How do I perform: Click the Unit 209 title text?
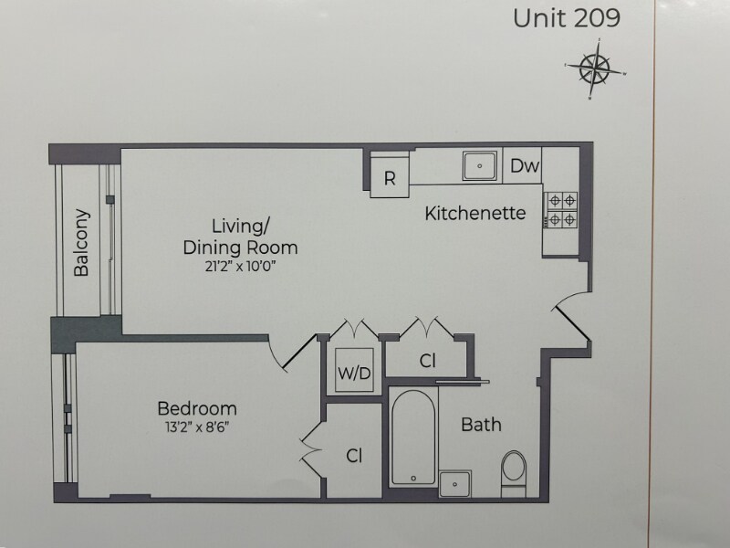point(567,19)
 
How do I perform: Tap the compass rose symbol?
point(594,69)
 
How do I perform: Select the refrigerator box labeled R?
point(390,178)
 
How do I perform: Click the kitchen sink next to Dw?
point(478,166)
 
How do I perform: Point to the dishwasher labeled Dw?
point(524,166)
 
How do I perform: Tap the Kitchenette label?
point(475,214)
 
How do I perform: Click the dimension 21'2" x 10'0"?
point(241,266)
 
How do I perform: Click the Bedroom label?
point(196,408)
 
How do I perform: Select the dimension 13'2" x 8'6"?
point(196,427)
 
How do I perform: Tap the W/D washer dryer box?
point(352,373)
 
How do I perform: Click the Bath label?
point(480,425)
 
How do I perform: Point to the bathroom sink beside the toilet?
point(454,482)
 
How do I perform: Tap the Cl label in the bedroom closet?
point(355,454)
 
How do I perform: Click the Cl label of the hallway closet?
point(427,361)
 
